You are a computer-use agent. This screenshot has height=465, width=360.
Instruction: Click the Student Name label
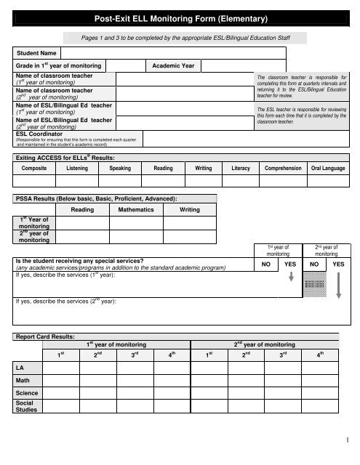coord(36,53)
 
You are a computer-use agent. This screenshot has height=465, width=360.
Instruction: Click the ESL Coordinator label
coord(39,134)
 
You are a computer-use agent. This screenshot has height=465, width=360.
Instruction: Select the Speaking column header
coord(119,169)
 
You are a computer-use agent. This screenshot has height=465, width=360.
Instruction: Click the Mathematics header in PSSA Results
coord(135,209)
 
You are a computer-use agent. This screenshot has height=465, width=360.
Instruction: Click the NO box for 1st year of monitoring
coord(267,265)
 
